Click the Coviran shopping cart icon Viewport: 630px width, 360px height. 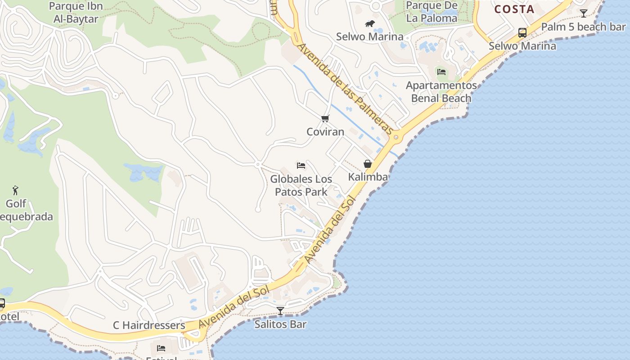pyautogui.click(x=325, y=119)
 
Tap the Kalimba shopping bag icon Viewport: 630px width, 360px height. pyautogui.click(x=368, y=164)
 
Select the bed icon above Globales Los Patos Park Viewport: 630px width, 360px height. pyautogui.click(x=301, y=166)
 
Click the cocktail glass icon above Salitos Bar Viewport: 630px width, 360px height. pyautogui.click(x=280, y=310)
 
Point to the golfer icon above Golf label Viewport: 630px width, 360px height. pyautogui.click(x=16, y=190)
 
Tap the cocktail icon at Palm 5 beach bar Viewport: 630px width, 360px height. pyautogui.click(x=584, y=13)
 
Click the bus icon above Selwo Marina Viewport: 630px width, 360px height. pyautogui.click(x=522, y=32)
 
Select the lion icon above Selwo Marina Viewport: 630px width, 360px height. pyautogui.click(x=369, y=23)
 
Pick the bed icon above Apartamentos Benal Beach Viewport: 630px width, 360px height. pyautogui.click(x=441, y=72)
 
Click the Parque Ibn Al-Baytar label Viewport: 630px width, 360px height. pyautogui.click(x=76, y=13)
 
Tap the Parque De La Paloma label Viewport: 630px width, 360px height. pyautogui.click(x=432, y=12)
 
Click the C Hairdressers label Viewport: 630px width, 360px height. pyautogui.click(x=149, y=325)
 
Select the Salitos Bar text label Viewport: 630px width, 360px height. pyautogui.click(x=280, y=324)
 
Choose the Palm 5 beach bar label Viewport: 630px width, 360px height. pyautogui.click(x=583, y=27)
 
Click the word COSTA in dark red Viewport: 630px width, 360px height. pyautogui.click(x=514, y=9)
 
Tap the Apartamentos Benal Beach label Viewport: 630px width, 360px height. pyautogui.click(x=441, y=92)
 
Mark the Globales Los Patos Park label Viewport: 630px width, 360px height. pyautogui.click(x=301, y=185)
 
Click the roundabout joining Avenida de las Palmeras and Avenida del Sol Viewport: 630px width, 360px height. pyautogui.click(x=396, y=137)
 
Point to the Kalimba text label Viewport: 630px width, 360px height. pyautogui.click(x=368, y=177)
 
